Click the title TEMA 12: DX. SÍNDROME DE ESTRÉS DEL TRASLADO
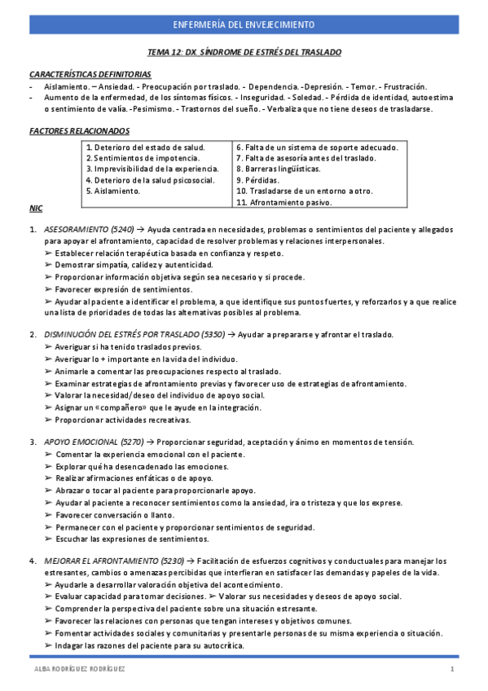(x=244, y=52)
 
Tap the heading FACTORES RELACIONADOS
(x=78, y=130)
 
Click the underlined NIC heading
(x=35, y=209)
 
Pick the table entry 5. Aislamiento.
(x=112, y=191)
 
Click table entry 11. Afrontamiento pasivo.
(x=284, y=201)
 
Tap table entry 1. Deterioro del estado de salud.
(x=145, y=147)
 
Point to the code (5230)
(x=172, y=561)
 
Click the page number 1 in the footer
(x=451, y=669)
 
